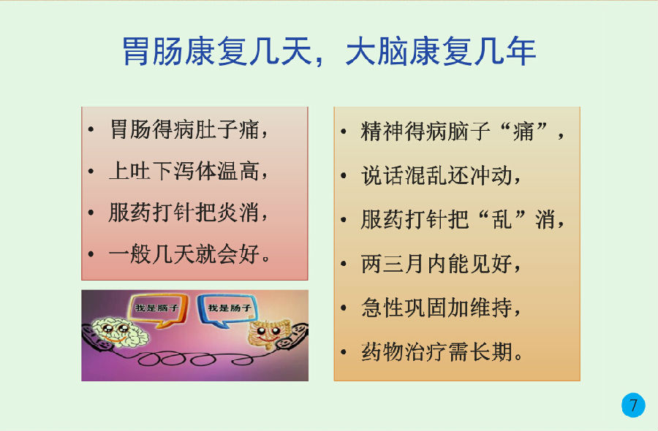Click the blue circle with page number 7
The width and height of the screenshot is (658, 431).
[633, 405]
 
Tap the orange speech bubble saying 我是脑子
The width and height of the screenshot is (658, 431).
[157, 310]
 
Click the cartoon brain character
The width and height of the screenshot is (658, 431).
[120, 332]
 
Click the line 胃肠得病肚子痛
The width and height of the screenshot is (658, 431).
[189, 129]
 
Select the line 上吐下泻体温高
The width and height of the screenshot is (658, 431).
[189, 171]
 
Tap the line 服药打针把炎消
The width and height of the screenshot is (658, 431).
[189, 212]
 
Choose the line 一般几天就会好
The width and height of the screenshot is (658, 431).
[189, 253]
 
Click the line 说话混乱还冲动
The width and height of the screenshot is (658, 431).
[441, 175]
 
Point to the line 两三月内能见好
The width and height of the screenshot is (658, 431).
[441, 263]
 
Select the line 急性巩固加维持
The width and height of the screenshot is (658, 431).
[441, 308]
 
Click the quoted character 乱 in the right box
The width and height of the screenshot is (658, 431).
[502, 219]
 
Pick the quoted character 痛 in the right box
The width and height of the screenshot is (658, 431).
[523, 131]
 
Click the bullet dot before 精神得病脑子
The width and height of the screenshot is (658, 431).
[344, 131]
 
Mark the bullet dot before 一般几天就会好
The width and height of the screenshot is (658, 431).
[91, 254]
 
